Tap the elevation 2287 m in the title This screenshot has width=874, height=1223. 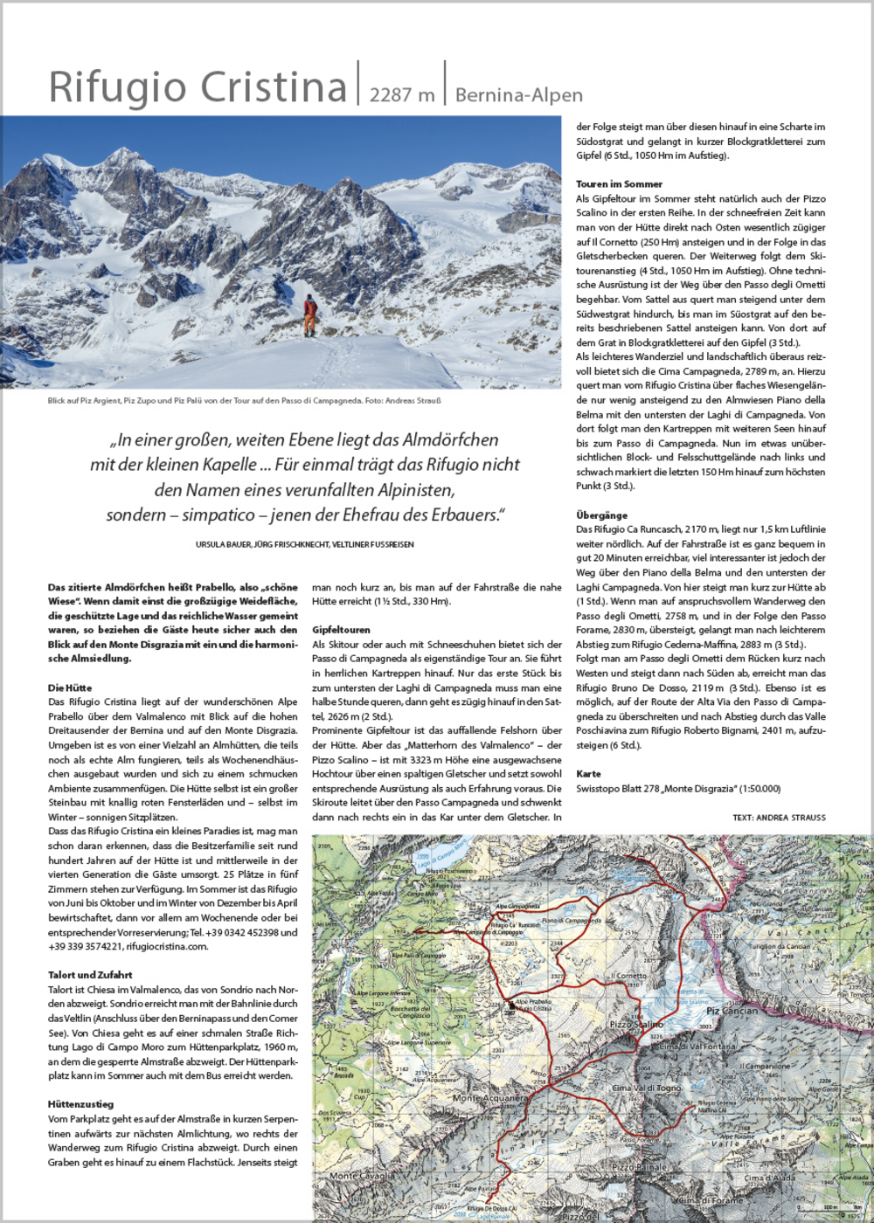[401, 94]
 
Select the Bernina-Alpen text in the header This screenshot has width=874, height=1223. [518, 94]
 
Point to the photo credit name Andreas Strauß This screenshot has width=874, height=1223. [412, 401]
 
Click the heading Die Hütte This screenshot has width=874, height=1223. [70, 688]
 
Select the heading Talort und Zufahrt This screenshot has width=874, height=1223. [90, 975]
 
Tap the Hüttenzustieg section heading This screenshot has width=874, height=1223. [80, 1104]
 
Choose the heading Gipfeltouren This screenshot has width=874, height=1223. [341, 630]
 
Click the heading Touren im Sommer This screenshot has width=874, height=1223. [619, 184]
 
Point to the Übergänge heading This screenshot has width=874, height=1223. [601, 515]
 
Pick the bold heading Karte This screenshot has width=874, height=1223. [588, 774]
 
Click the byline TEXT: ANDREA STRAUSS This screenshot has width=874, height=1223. [779, 818]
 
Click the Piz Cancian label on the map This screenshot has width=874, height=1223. [732, 1012]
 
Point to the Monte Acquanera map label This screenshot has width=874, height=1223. [489, 1098]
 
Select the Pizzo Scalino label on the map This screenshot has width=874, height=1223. [635, 1024]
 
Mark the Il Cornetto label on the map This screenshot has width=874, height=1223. [628, 976]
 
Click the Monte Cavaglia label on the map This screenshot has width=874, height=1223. [361, 1176]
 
